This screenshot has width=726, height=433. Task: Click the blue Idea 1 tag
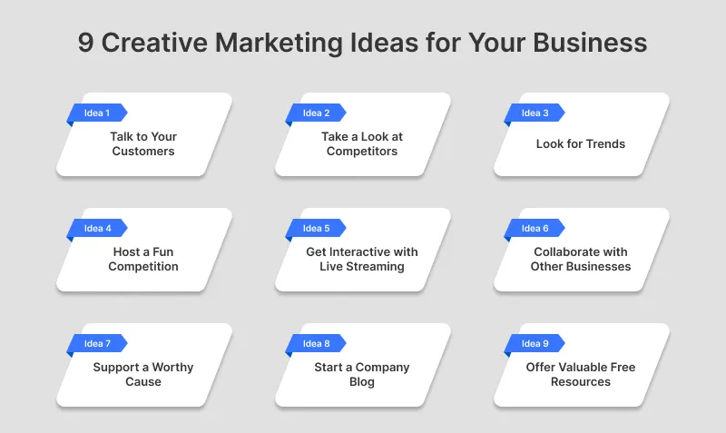96,113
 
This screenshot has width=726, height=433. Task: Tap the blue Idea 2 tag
316,113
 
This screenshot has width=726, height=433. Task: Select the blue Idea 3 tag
535,113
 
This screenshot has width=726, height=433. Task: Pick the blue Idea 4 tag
96,229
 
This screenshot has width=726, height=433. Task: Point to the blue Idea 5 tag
316,229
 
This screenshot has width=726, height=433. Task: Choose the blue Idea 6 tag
535,229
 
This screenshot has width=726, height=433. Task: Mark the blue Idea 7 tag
96,344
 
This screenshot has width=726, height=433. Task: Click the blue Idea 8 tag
316,344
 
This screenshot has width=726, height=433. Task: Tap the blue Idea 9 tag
535,344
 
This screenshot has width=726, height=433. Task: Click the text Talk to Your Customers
143,143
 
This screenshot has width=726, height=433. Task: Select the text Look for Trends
581,143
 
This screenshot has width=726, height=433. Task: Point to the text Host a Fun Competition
143,259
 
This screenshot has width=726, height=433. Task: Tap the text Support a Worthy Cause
143,374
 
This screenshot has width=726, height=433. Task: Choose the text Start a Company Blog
362,374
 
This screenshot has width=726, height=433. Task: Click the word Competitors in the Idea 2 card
362,152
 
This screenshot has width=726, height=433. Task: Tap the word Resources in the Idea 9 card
581,382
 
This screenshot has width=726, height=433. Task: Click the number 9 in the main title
85,44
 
